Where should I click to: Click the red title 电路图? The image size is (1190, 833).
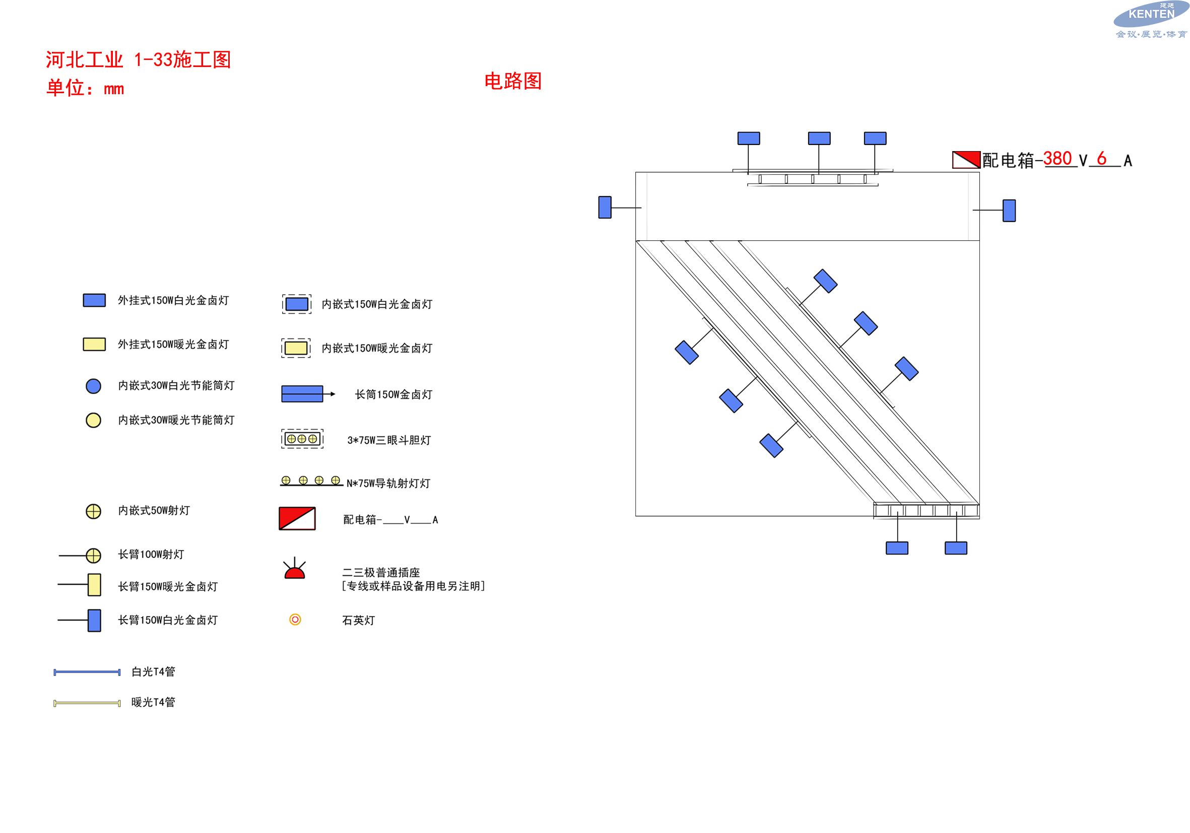(x=512, y=81)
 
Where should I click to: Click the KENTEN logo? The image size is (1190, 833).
(x=1151, y=20)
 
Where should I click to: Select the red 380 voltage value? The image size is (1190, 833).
(x=1057, y=158)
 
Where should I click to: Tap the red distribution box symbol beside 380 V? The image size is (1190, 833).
(x=966, y=160)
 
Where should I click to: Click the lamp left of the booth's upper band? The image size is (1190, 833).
(x=605, y=207)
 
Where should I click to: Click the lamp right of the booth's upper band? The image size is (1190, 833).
(x=1009, y=211)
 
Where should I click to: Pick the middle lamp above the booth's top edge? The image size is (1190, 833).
(x=819, y=138)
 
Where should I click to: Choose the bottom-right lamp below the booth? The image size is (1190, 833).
(x=956, y=548)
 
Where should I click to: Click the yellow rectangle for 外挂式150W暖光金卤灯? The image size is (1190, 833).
(x=94, y=344)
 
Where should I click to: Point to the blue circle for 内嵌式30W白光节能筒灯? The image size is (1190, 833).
(x=93, y=386)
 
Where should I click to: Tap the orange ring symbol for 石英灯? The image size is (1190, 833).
(x=295, y=619)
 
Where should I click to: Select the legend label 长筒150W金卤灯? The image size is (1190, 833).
(x=393, y=395)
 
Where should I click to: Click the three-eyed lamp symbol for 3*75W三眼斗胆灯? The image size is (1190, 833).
(x=302, y=439)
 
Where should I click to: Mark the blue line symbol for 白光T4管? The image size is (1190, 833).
(x=87, y=672)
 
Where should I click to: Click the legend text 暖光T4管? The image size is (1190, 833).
(x=154, y=703)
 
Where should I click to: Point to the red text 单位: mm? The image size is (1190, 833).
(x=85, y=88)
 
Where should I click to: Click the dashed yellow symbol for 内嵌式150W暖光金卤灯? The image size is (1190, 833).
(x=296, y=348)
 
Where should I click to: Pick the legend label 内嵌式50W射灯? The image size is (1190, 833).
(x=154, y=511)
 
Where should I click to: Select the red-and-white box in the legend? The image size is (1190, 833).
(x=297, y=519)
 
